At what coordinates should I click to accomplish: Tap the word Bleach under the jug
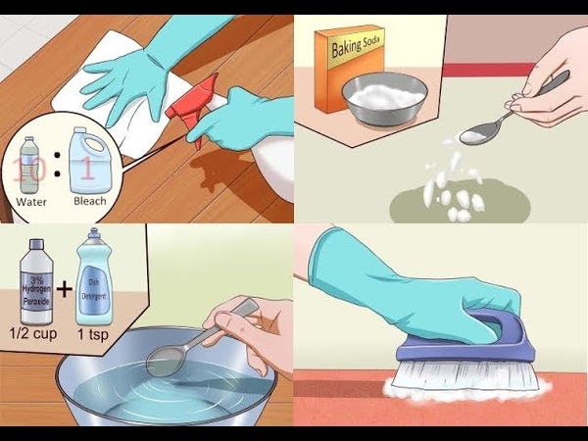coord(90,201)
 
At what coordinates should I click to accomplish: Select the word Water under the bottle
coord(31,202)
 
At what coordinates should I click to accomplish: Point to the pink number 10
coord(28,170)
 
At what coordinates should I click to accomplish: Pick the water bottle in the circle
coord(29,166)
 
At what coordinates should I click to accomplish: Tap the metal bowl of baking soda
coord(384,98)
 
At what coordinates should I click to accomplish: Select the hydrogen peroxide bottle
coord(36,281)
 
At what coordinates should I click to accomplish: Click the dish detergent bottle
coord(94,277)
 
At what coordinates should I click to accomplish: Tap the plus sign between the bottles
coord(65,289)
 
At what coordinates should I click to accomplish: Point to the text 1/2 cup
coord(33,333)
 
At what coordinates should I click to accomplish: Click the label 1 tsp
coord(93,333)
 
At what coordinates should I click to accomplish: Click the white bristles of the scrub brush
coord(465,375)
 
